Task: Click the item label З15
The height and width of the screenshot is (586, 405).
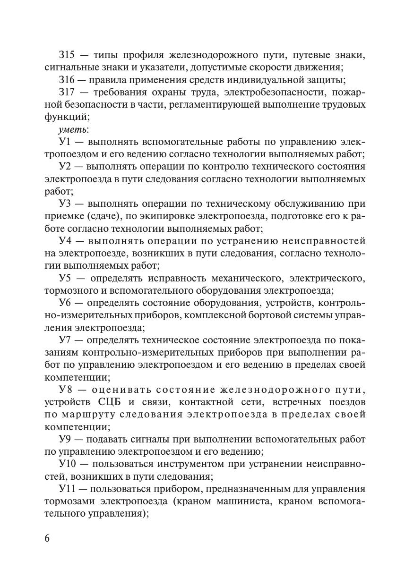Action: pos(67,55)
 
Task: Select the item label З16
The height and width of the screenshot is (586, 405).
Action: pos(67,79)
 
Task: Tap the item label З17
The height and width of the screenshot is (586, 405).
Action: pos(67,92)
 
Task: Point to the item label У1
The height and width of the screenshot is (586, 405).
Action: pos(64,141)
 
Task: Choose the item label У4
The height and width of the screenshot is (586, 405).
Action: pos(65,241)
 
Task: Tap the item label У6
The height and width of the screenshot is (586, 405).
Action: pos(65,303)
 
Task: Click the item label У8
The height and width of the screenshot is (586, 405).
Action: pos(66,390)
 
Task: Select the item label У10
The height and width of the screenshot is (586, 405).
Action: pos(68,464)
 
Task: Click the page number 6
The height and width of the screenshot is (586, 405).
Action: pos(47,539)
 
